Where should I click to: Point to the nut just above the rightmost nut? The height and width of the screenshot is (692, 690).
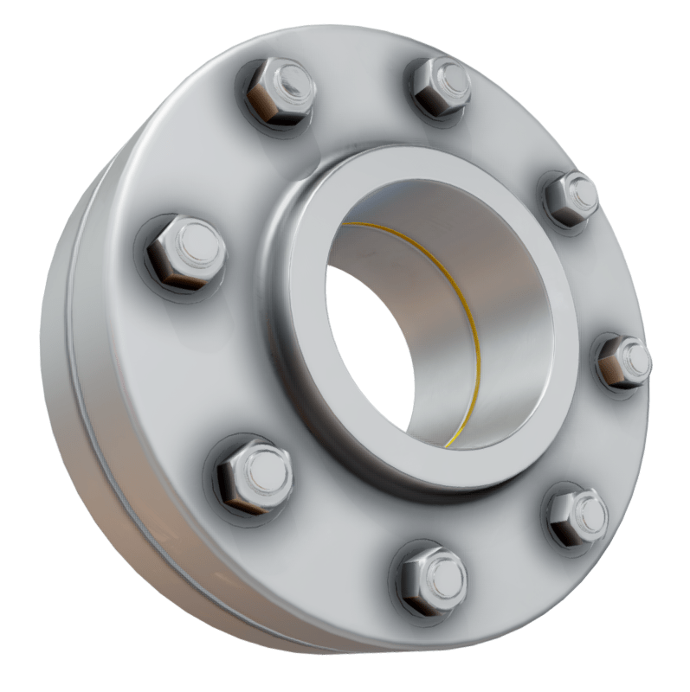pyautogui.click(x=571, y=199)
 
